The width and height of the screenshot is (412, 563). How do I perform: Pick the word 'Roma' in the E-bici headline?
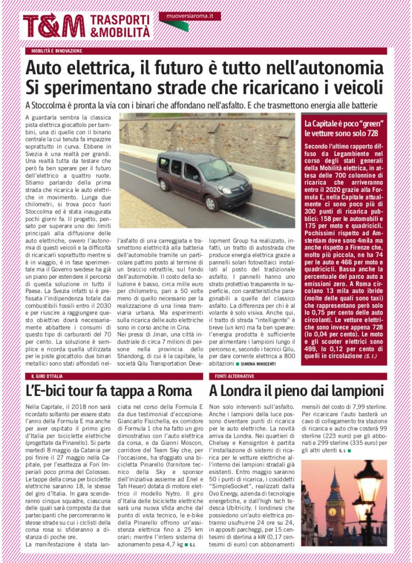point(175,391)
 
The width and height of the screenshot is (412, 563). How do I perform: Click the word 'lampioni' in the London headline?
point(353,391)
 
